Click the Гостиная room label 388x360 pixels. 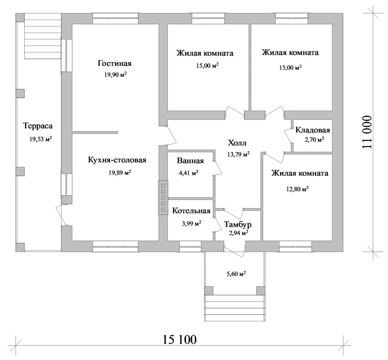[x=114, y=63]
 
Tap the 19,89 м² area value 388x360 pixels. [x=120, y=172]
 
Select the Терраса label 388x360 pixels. [x=38, y=126]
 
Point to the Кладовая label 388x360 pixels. [x=312, y=130]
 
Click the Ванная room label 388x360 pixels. [x=190, y=161]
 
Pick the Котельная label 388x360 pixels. [x=191, y=211]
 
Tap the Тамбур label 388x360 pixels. [x=238, y=224]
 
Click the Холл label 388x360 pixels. [x=237, y=143]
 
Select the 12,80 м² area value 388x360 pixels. [x=297, y=189]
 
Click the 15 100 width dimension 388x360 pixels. [x=179, y=339]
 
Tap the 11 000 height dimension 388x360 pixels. [x=367, y=132]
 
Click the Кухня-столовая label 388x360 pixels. [x=117, y=160]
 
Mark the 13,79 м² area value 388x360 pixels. [x=238, y=154]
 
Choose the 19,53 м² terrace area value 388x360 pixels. [x=40, y=139]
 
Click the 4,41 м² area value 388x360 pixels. [x=189, y=173]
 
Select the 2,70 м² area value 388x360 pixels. [x=314, y=139]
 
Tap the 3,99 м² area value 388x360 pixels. [x=192, y=223]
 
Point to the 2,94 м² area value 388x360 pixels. [x=238, y=233]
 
